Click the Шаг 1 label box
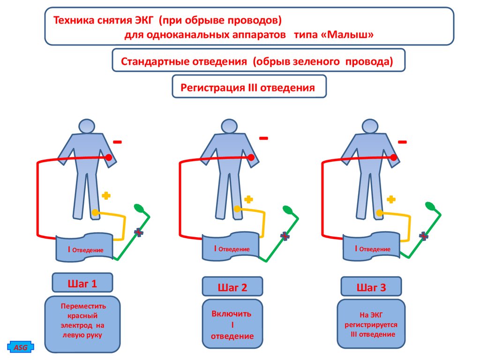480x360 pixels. point(82,284)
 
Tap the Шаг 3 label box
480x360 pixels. point(371,287)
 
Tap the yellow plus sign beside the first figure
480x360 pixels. point(106,195)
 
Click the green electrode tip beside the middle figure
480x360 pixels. point(286,209)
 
